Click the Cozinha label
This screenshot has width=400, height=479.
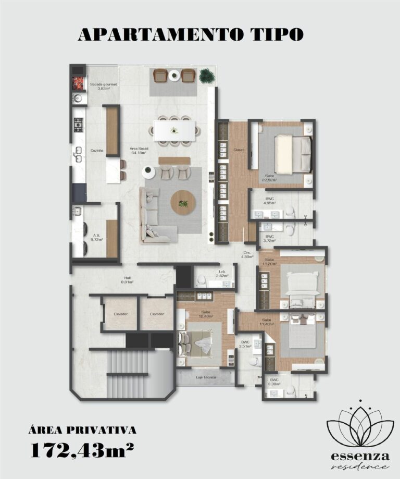pyautogui.click(x=97, y=150)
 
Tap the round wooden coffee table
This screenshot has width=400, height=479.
pyautogui.click(x=183, y=202)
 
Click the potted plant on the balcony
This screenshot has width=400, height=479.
pyautogui.click(x=207, y=76)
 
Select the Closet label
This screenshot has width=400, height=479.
pyautogui.click(x=239, y=151)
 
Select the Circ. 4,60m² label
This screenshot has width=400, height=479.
pyautogui.click(x=247, y=255)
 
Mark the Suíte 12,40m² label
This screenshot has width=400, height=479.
pyautogui.click(x=206, y=314)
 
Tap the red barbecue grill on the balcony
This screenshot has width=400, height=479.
pyautogui.click(x=78, y=82)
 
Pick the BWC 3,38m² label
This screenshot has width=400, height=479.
pyautogui.click(x=274, y=382)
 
